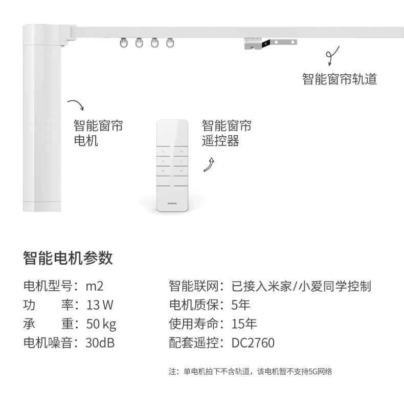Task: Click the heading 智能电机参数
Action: (68, 258)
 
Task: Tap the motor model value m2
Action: (95, 286)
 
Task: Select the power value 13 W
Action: (100, 305)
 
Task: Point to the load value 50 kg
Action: (101, 324)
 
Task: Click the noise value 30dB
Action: (100, 343)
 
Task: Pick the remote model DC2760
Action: (253, 343)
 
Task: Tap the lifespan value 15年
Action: (244, 324)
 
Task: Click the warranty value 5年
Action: (241, 305)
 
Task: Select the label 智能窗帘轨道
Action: (340, 79)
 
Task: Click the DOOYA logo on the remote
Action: (172, 204)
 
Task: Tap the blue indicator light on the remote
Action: (172, 176)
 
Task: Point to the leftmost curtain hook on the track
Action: (124, 43)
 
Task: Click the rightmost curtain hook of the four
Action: (170, 43)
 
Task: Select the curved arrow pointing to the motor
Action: (77, 103)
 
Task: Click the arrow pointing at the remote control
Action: (210, 165)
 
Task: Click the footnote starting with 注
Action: (250, 372)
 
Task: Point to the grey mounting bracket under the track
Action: (270, 44)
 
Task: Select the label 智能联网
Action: (194, 286)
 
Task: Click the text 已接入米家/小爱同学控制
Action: (301, 286)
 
